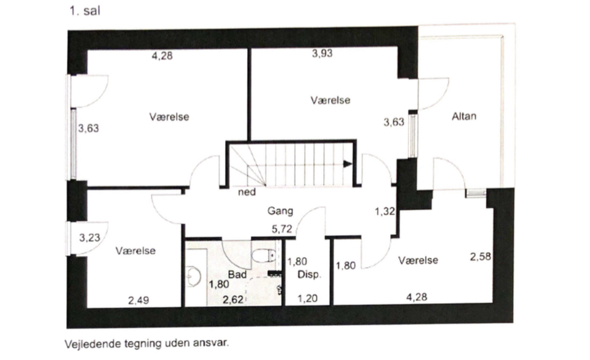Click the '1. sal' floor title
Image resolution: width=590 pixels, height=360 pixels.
(85, 10)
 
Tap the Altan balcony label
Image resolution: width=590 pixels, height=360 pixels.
(464, 117)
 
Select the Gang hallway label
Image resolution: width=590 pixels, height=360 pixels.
(280, 211)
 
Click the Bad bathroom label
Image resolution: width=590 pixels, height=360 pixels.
(237, 275)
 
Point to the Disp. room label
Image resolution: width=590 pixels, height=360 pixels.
(309, 275)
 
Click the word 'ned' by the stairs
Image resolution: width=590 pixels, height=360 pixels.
(247, 192)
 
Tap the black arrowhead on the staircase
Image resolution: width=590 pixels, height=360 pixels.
(347, 164)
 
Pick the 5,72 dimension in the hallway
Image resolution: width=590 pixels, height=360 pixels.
(282, 229)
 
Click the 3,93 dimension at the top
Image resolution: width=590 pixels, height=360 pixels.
(323, 53)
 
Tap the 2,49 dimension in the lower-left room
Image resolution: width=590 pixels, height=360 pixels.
(139, 301)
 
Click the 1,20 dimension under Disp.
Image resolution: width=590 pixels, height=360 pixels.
(307, 299)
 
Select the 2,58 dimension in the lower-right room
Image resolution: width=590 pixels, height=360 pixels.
(480, 257)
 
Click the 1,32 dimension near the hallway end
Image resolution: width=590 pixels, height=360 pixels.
(385, 212)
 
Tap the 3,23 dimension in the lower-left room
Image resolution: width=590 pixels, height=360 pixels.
(90, 238)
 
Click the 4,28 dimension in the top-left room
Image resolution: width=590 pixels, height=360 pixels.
(162, 56)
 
